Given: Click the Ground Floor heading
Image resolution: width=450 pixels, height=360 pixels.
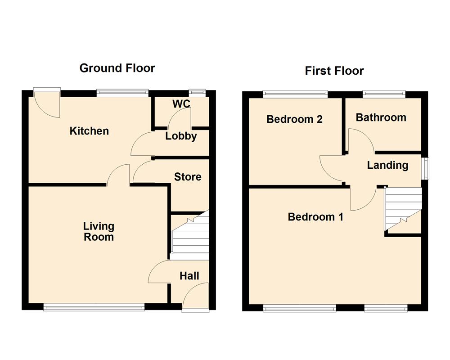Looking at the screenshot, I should tap(117, 68).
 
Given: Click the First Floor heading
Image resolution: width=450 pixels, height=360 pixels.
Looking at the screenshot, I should tap(334, 71).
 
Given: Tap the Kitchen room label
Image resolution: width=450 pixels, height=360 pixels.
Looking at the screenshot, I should tap(89, 131).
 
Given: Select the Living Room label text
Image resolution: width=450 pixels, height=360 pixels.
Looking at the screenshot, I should tap(99, 231).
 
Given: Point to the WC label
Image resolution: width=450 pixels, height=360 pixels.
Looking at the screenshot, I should tap(181, 104).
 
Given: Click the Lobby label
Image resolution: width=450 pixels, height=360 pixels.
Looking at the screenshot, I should tap(181, 136).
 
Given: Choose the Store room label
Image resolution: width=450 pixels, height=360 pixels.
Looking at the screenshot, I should tap(188, 177).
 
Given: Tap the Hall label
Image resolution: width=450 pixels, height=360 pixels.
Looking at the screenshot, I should tap(189, 276).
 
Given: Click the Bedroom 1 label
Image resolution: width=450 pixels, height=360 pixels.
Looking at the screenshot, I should tap(315, 217).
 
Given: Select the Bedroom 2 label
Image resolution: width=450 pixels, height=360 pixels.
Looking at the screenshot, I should tap(294, 119).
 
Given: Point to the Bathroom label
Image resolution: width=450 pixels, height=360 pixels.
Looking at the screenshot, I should tap(381, 117).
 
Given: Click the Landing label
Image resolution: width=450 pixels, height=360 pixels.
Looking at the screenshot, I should tap(387, 165).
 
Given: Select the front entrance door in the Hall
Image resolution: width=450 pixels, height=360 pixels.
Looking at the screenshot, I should tap(195, 297).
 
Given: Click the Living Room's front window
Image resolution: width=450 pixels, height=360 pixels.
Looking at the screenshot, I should tap(94, 307).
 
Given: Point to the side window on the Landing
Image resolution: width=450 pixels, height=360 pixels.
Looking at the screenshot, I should tap(424, 168).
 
